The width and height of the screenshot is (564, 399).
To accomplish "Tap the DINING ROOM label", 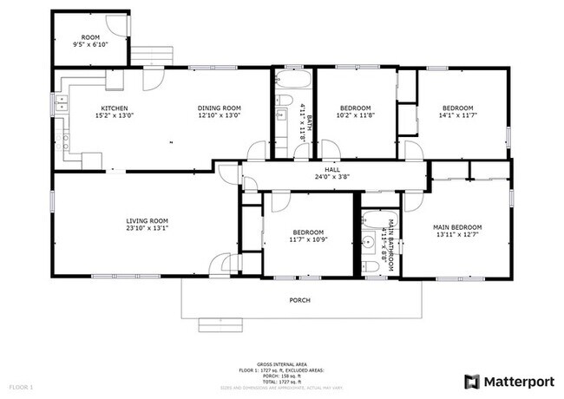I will [x=219, y=108].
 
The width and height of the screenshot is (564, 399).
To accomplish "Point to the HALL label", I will [x=332, y=170].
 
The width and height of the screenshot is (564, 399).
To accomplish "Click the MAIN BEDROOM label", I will [x=457, y=227].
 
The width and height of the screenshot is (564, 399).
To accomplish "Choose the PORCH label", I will [x=299, y=300].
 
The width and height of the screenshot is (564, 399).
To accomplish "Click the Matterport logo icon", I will [x=472, y=381].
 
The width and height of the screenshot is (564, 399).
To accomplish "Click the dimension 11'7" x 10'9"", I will [x=309, y=240].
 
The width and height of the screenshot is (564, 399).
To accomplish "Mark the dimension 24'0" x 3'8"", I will [x=332, y=178].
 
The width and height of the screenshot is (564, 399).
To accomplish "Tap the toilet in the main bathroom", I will [x=372, y=271].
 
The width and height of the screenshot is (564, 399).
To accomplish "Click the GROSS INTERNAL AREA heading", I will [x=281, y=364].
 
